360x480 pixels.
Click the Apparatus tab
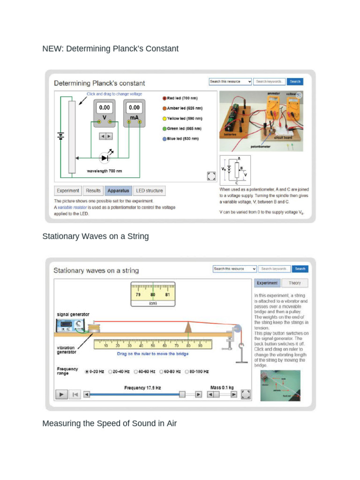118,191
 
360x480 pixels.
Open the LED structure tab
150,191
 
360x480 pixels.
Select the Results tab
93,191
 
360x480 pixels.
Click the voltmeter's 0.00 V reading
104,107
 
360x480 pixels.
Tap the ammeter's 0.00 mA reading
134,107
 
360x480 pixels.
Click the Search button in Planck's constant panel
295,82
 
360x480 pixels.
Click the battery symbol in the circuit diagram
60,135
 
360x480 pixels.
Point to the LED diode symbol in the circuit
105,157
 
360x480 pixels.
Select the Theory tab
295,283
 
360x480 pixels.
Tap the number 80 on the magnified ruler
153,295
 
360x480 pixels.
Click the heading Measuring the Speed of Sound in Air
109,423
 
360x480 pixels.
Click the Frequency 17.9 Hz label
142,388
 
